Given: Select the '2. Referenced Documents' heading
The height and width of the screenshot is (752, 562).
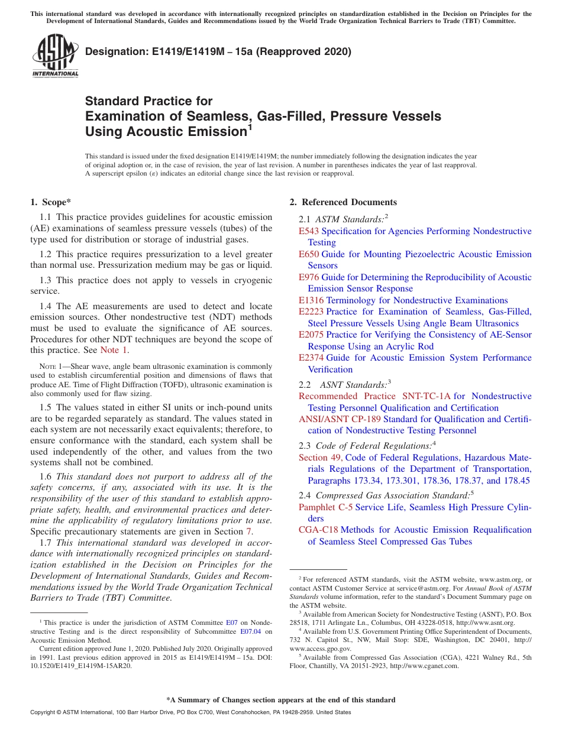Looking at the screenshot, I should (x=343, y=202).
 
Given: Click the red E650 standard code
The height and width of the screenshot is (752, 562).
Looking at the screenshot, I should (x=309, y=254).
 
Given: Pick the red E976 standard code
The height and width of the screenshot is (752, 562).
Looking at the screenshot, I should (x=309, y=277).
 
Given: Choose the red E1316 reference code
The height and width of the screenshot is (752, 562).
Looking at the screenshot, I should (x=311, y=300).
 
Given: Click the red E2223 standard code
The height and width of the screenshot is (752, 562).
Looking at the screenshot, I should (x=311, y=312).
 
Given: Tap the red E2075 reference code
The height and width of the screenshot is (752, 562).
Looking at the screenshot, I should (x=311, y=335).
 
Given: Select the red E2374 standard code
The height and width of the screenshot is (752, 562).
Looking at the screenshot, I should (x=311, y=358).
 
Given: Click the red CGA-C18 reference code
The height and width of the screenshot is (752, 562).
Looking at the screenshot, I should (x=318, y=530).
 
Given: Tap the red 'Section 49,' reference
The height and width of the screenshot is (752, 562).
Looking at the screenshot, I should (x=321, y=458).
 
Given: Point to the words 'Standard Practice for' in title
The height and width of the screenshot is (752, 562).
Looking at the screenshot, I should (x=148, y=101).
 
